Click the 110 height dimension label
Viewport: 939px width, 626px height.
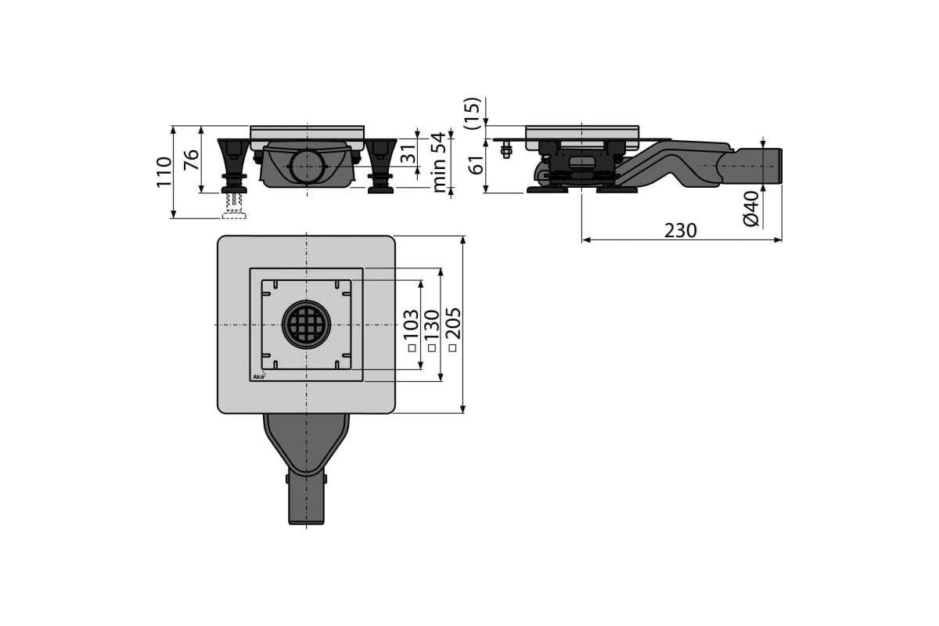pyautogui.click(x=164, y=172)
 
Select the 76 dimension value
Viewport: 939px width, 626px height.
pyautogui.click(x=192, y=160)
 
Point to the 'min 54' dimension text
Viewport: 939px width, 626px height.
pyautogui.click(x=439, y=162)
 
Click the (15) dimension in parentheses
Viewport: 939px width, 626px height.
pyautogui.click(x=472, y=113)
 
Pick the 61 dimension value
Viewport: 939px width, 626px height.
pyautogui.click(x=477, y=165)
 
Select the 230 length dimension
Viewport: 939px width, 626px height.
pyautogui.click(x=680, y=231)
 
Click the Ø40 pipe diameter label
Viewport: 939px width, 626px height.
pyautogui.click(x=752, y=208)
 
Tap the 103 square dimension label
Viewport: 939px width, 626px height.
pyautogui.click(x=411, y=330)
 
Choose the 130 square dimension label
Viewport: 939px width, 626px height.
pyautogui.click(x=431, y=330)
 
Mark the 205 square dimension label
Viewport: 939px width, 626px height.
pyautogui.click(x=453, y=329)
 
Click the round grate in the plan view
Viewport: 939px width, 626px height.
pyautogui.click(x=307, y=325)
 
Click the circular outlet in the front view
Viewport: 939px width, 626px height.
pyautogui.click(x=308, y=166)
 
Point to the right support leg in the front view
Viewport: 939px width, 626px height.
pyautogui.click(x=380, y=166)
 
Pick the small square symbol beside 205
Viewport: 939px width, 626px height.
pyautogui.click(x=452, y=347)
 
